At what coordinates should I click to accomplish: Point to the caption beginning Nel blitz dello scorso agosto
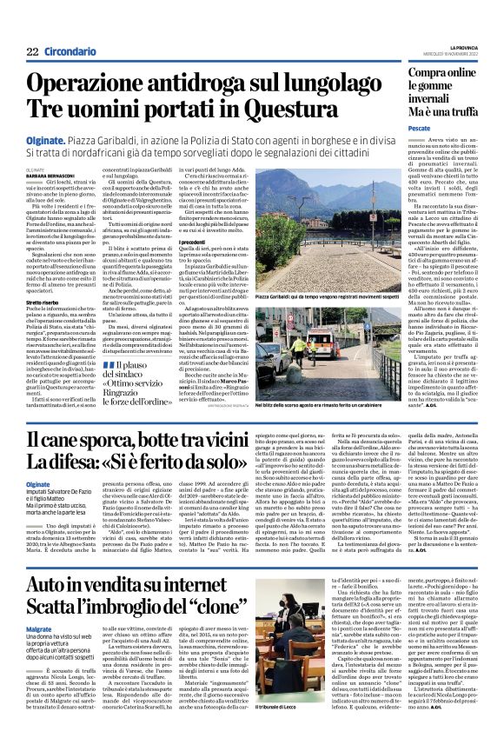point(337,378)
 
